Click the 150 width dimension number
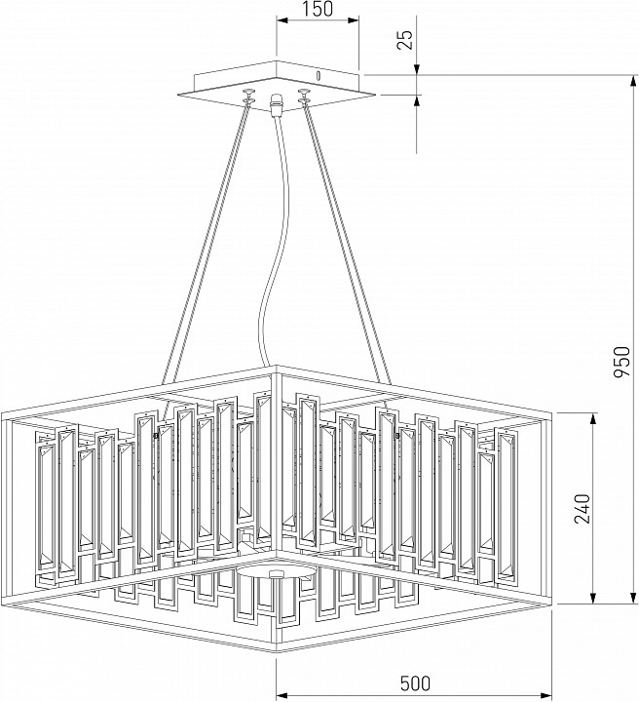pos(318,10)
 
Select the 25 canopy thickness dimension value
pos(406,39)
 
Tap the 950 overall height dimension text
pos(627,363)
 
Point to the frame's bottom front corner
pos(276,651)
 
